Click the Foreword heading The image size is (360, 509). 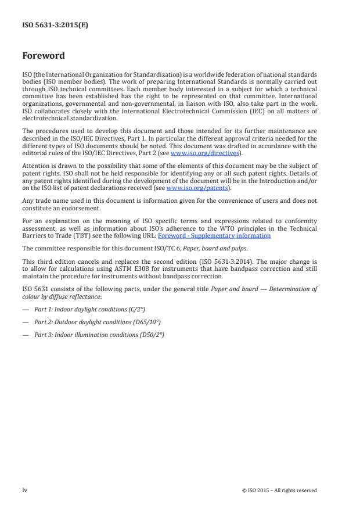point(44,56)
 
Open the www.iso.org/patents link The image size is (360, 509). point(189,188)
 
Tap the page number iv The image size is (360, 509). point(25,490)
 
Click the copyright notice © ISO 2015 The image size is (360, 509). point(279,490)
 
